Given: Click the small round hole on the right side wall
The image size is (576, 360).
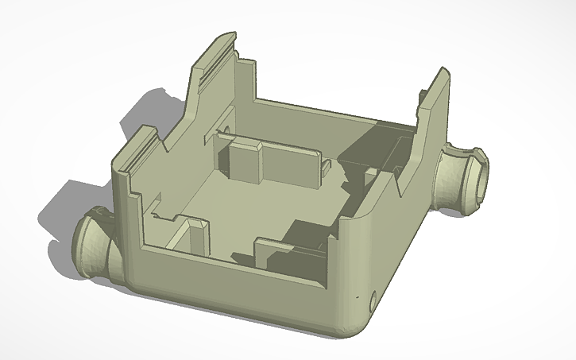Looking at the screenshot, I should point(374,299).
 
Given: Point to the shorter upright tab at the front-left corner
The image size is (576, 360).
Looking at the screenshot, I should point(140,151).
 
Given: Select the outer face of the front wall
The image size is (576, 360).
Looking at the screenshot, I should point(238,294).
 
